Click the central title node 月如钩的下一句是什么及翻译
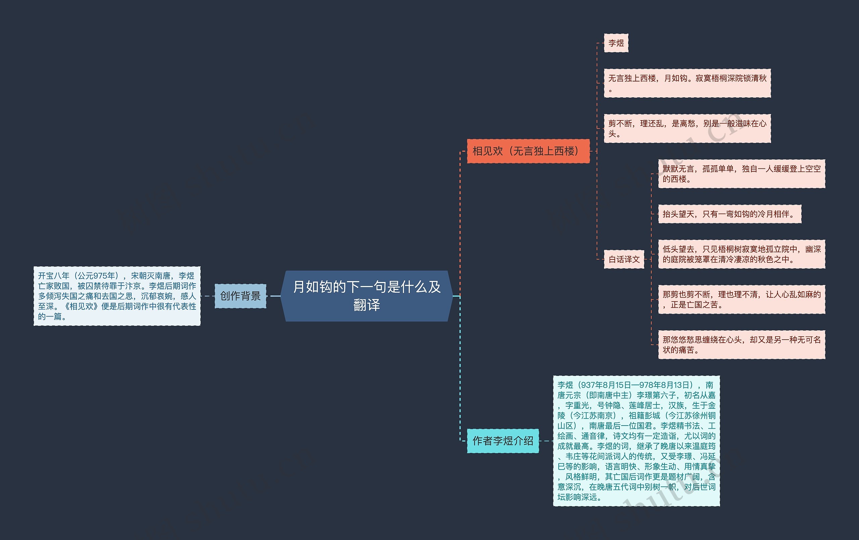point(367,296)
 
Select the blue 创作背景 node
point(241,296)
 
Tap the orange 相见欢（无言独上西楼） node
point(528,151)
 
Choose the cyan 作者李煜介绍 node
point(503,441)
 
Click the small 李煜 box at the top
point(616,43)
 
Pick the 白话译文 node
point(624,259)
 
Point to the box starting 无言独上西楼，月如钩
point(688,83)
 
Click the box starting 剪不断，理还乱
point(688,129)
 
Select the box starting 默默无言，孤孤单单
point(742,174)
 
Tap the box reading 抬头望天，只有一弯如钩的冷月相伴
point(730,214)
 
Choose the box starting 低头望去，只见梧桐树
point(742,254)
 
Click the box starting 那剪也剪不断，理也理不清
point(742,299)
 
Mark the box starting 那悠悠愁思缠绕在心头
point(742,345)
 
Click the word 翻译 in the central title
point(367,305)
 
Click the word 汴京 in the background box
point(133,286)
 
